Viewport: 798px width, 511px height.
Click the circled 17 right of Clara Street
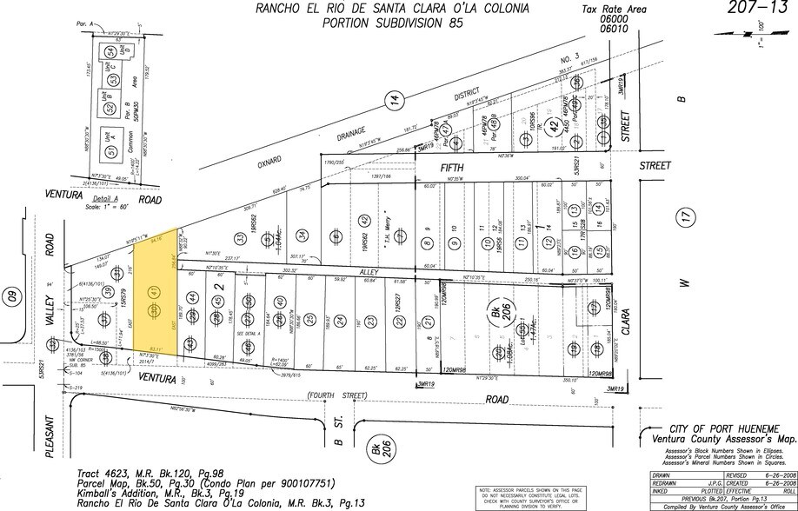pyautogui.click(x=686, y=221)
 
